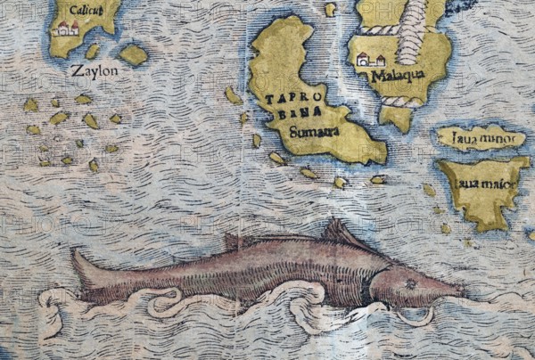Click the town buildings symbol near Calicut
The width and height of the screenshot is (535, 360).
(x=66, y=29)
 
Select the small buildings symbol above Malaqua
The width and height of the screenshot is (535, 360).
(x=369, y=60)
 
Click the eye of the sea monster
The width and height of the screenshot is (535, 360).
(x=409, y=285)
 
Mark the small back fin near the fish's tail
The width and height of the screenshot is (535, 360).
(x=233, y=241)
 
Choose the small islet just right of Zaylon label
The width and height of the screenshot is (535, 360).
(x=133, y=55)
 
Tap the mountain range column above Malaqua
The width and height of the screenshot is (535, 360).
(x=411, y=31)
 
